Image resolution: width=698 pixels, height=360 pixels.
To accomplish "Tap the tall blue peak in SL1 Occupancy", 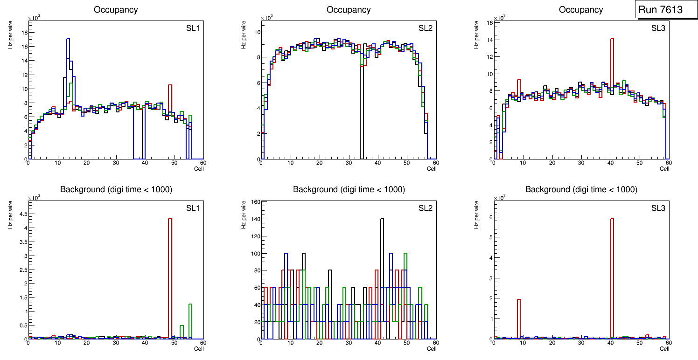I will [68, 61].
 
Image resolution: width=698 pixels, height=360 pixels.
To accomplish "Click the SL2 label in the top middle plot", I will [425, 28].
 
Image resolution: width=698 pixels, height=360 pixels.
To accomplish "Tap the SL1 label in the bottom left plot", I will [193, 208].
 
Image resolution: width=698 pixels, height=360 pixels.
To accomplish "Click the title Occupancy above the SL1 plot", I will [116, 10].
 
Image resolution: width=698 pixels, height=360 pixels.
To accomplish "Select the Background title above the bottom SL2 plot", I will [349, 189].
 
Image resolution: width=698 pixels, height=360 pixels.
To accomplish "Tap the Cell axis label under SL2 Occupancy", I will [432, 169].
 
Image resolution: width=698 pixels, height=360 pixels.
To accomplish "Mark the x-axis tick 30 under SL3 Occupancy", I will [581, 163].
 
